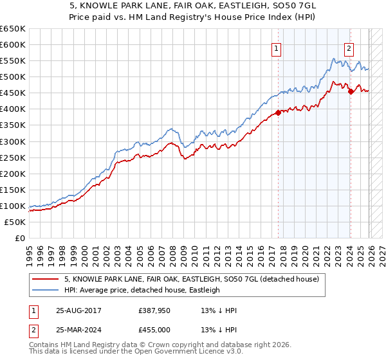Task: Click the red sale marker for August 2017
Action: (x=279, y=113)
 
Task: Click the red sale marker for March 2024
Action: (x=351, y=91)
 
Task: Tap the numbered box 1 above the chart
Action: (x=276, y=47)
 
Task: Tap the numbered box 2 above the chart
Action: (x=349, y=47)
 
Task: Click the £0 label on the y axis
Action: (x=19, y=239)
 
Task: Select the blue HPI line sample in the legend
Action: (x=46, y=290)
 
